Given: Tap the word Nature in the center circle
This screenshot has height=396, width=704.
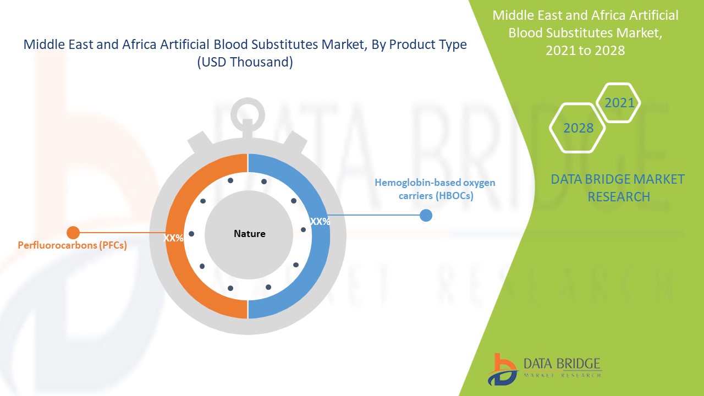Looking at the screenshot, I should point(249,234).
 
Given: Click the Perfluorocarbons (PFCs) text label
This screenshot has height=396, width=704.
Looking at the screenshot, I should point(72,245).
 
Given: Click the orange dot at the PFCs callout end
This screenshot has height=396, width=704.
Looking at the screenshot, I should point(73,233).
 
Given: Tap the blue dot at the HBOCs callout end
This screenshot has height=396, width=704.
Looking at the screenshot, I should point(426,215).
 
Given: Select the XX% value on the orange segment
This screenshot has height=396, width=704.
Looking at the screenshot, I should point(173,238).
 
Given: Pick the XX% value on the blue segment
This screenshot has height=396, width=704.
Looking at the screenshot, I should point(320,222).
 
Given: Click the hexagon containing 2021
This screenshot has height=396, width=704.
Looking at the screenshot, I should point(619,103).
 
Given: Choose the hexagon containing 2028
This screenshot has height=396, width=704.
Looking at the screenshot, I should point(578,128).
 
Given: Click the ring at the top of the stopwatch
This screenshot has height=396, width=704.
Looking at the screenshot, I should point(247,113).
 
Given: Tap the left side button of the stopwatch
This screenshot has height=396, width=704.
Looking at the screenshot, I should point(197,145).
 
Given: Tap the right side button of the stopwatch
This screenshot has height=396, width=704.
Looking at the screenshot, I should point(298,145).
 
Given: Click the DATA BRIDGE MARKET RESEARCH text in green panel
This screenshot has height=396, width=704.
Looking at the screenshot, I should point(618,188).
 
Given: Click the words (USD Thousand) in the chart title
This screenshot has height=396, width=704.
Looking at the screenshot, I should point(245,63).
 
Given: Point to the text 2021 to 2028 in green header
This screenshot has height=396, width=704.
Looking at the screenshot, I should point(585,50).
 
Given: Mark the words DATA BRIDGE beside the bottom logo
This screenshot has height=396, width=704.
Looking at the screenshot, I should point(562,364).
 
